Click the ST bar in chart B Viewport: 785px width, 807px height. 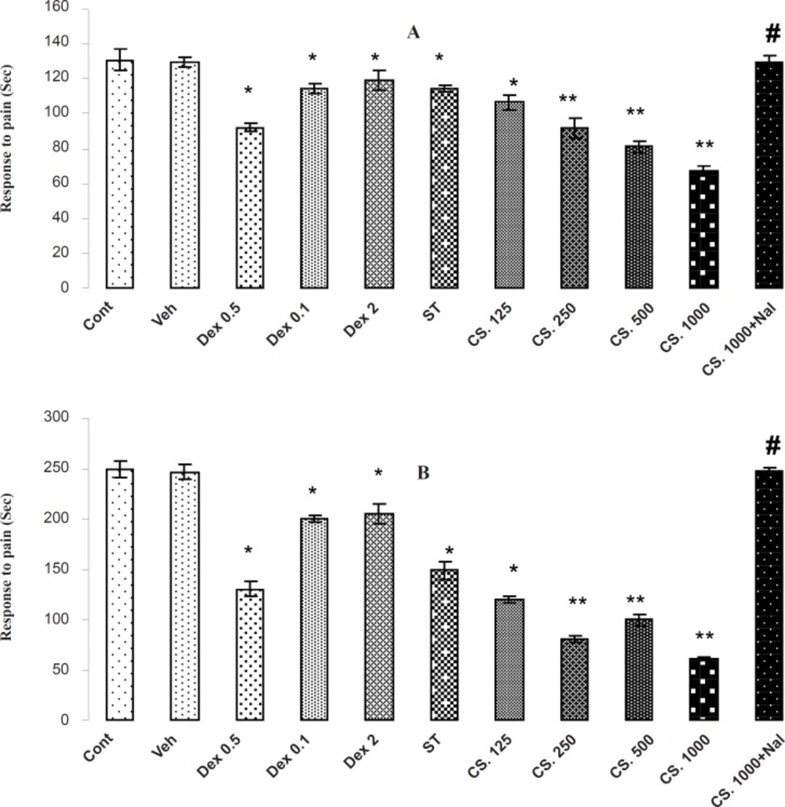(x=444, y=645)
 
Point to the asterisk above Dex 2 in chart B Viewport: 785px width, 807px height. (x=379, y=473)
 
